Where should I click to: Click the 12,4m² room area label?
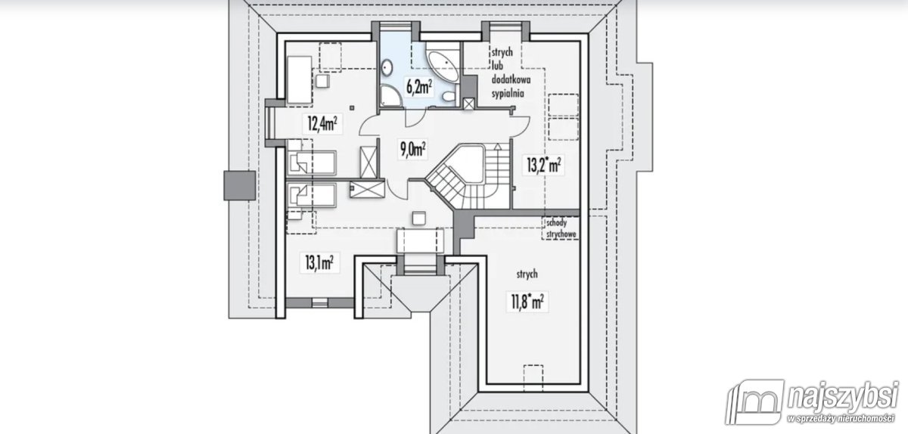click(x=322, y=123)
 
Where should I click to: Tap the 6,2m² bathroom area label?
click(x=419, y=87)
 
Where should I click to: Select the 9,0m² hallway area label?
click(x=412, y=149)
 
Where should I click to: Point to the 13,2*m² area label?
click(x=543, y=165)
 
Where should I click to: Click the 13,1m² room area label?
click(x=319, y=262)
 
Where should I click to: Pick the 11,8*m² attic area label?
click(x=527, y=302)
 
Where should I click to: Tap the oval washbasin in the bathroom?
click(x=387, y=67)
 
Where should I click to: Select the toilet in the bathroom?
click(x=448, y=96)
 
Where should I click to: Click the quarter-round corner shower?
click(x=389, y=95)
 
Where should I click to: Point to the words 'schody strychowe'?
click(x=561, y=228)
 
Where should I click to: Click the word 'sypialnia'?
click(x=508, y=94)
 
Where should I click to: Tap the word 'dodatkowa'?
click(x=511, y=79)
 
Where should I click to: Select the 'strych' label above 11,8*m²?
click(x=527, y=274)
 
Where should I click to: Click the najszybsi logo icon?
click(x=754, y=401)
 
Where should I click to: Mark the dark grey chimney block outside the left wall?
click(x=240, y=185)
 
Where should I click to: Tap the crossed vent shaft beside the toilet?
click(x=468, y=104)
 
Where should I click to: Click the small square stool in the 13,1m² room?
click(x=419, y=218)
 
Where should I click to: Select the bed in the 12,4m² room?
click(x=300, y=80)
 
